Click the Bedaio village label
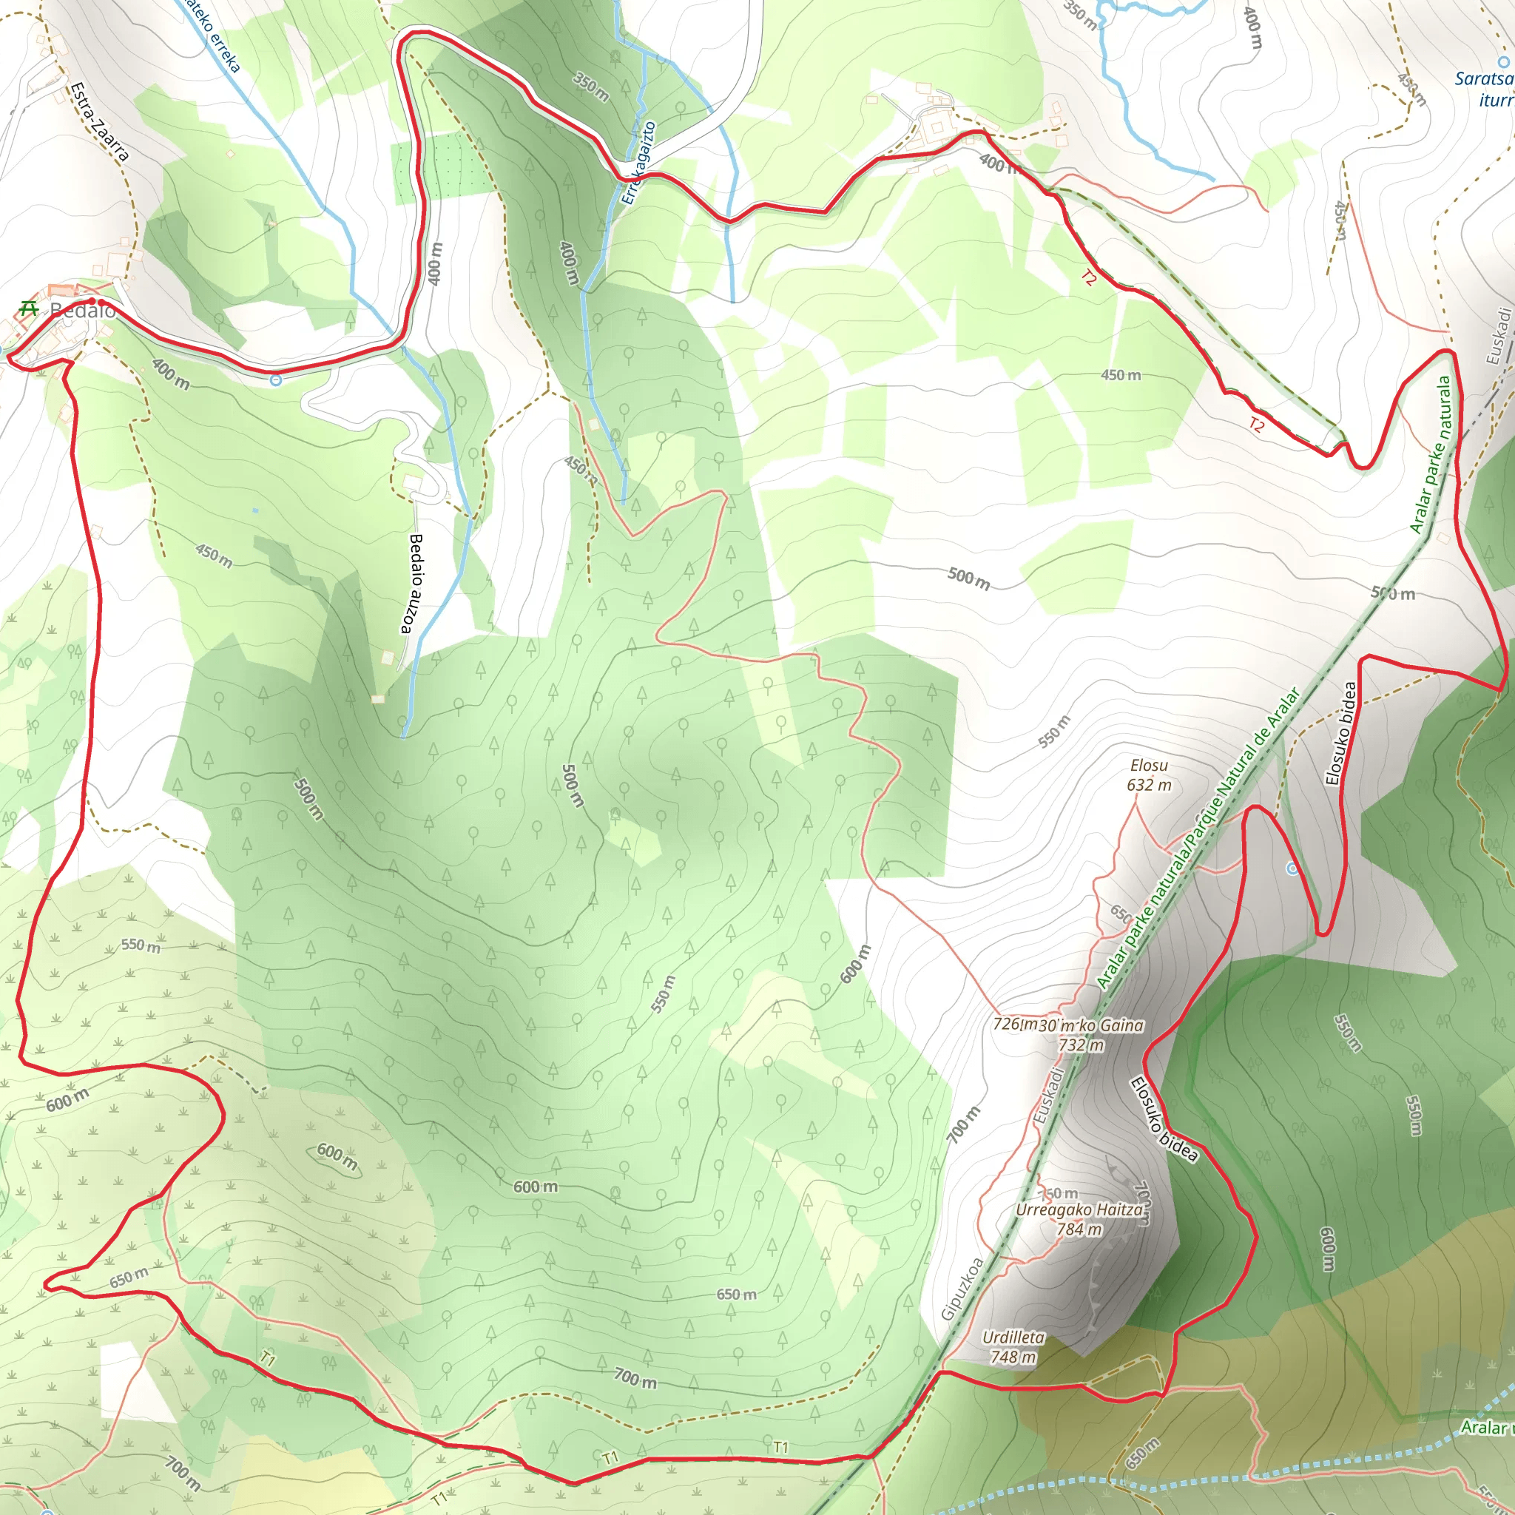click(x=82, y=311)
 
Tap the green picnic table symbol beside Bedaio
click(x=29, y=308)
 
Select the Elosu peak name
click(x=1149, y=766)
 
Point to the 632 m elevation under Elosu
click(x=1149, y=785)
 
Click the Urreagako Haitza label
click(x=1079, y=1210)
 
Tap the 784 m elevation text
click(x=1079, y=1229)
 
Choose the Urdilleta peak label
click(x=1013, y=1337)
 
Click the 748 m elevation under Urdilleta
click(x=1013, y=1357)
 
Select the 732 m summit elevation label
click(x=1082, y=1045)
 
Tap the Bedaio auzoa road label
click(x=414, y=584)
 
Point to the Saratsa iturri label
click(x=1485, y=89)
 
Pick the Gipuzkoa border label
click(x=962, y=1289)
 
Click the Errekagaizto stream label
click(x=638, y=162)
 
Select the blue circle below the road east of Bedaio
click(x=275, y=380)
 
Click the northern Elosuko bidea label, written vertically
click(x=1340, y=733)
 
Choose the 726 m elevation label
click(x=1013, y=1024)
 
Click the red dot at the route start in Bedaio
click(x=92, y=301)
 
